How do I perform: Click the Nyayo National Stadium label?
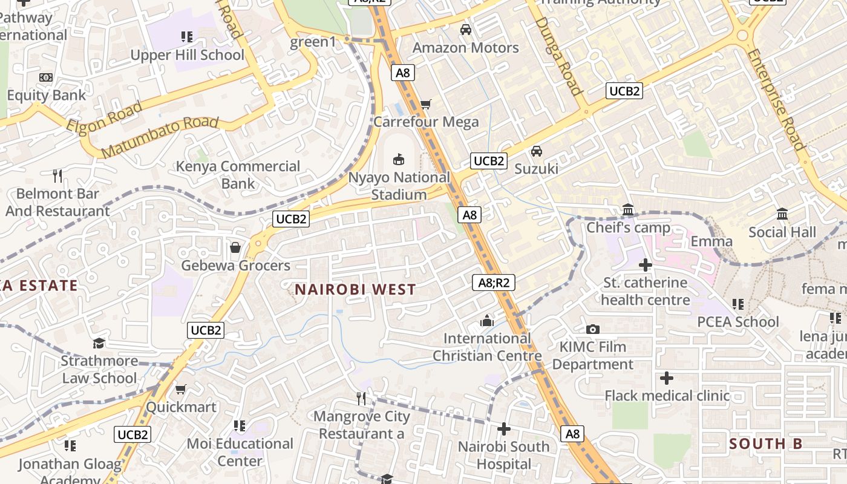(x=399, y=186)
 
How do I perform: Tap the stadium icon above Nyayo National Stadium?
(x=399, y=159)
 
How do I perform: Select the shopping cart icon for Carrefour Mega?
(x=426, y=105)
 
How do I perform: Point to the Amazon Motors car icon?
(x=466, y=29)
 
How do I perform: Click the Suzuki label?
(x=536, y=169)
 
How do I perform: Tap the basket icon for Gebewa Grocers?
(x=235, y=247)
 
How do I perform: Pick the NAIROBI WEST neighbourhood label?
(x=355, y=289)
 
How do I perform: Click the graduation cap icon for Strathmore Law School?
(x=99, y=344)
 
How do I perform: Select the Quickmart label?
(x=181, y=407)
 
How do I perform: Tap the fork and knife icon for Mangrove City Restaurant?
(x=362, y=398)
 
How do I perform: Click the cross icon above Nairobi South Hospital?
(x=503, y=429)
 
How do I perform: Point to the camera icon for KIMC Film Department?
(x=593, y=329)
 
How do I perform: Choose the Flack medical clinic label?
(x=667, y=396)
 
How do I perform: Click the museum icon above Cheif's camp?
(x=628, y=210)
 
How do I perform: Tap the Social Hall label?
(x=782, y=232)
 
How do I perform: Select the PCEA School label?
(x=738, y=321)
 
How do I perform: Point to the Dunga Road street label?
(x=557, y=56)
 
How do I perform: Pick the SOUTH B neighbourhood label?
(x=765, y=443)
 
